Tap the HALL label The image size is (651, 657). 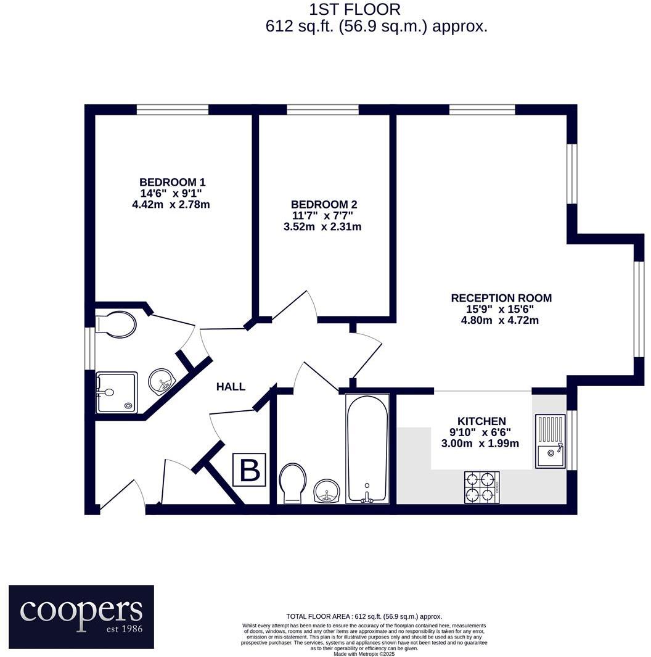[x=231, y=387]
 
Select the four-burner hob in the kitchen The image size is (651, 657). [x=481, y=486]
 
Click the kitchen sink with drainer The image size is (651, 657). [x=550, y=440]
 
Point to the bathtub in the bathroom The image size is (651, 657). [x=367, y=447]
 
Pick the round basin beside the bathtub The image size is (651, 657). [x=326, y=490]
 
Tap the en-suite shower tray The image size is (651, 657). [x=117, y=391]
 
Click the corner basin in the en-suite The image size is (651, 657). [x=162, y=380]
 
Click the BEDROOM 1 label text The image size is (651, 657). [x=172, y=182]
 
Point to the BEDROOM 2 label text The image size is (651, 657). [x=324, y=204]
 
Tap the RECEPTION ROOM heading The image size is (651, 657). [x=501, y=298]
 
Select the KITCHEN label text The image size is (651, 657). [x=481, y=421]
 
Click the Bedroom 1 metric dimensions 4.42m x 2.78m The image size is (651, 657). [x=171, y=204]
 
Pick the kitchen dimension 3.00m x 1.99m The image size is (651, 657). [x=480, y=443]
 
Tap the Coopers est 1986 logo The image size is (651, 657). [x=81, y=608]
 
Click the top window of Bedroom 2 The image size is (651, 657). [x=322, y=110]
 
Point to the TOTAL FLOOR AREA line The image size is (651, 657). [x=364, y=616]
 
